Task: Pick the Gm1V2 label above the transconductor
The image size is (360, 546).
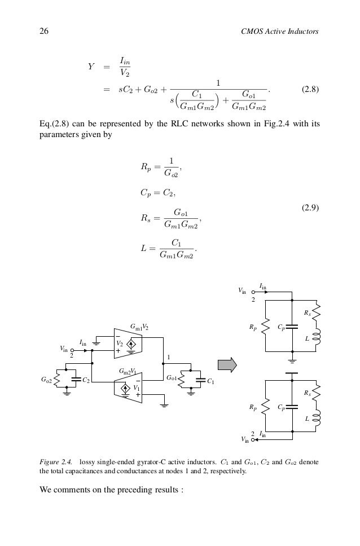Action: click(139, 327)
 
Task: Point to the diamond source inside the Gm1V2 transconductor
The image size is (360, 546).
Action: click(130, 344)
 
